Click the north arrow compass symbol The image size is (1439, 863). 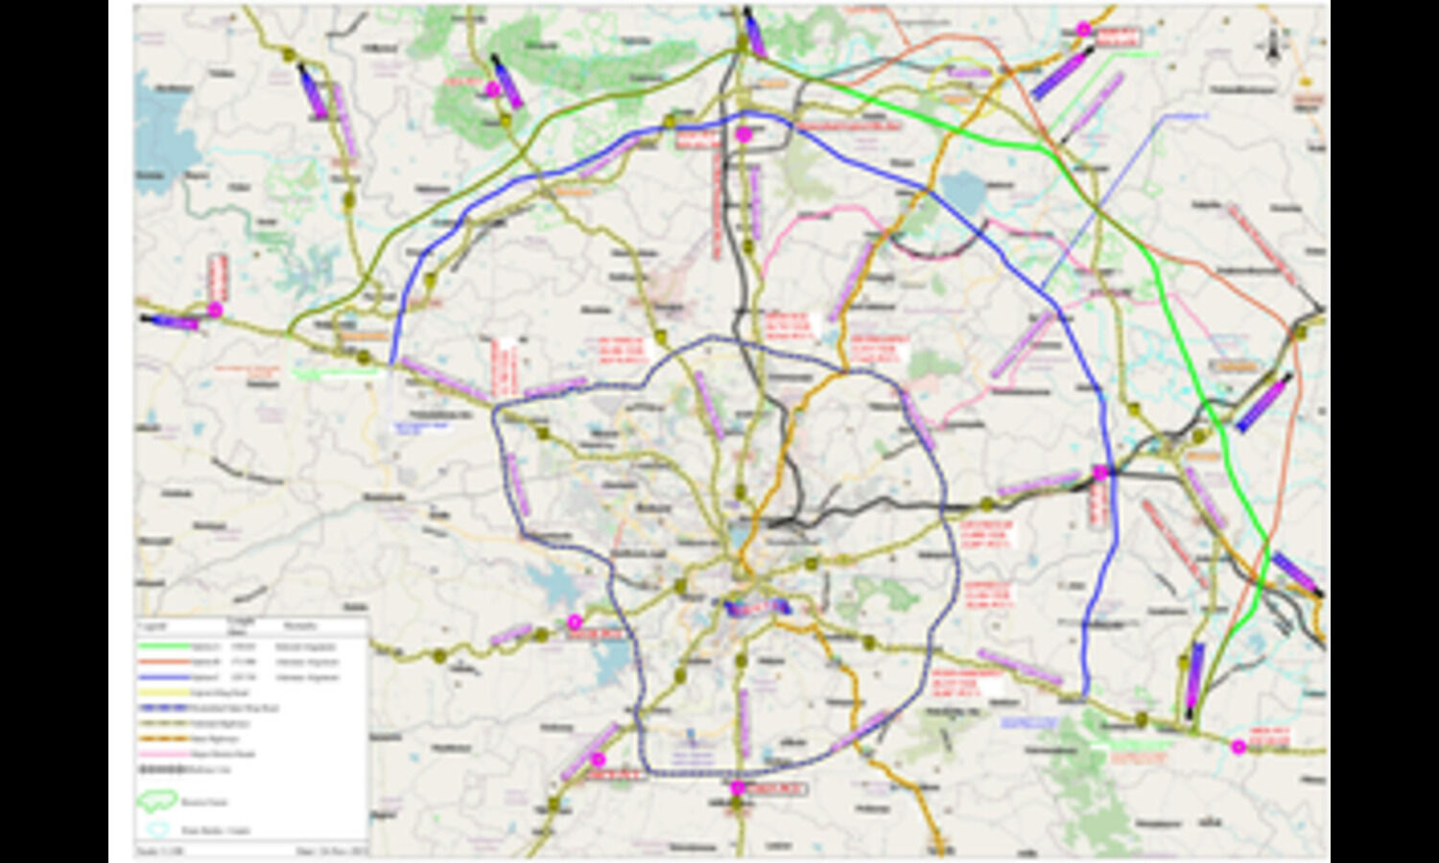pyautogui.click(x=1273, y=44)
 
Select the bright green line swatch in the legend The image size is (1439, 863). pyautogui.click(x=162, y=647)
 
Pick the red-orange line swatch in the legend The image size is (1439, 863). pyautogui.click(x=162, y=663)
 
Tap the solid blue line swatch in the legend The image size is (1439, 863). pyautogui.click(x=162, y=678)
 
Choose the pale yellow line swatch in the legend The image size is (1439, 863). pyautogui.click(x=162, y=692)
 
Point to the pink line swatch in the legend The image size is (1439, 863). pyautogui.click(x=162, y=754)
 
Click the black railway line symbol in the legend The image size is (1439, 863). pyautogui.click(x=162, y=769)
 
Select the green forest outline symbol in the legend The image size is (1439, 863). pyautogui.click(x=158, y=800)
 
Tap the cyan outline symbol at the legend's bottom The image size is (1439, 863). pyautogui.click(x=158, y=829)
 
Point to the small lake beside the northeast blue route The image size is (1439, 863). pyautogui.click(x=963, y=195)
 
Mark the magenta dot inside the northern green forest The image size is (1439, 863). pyautogui.click(x=492, y=89)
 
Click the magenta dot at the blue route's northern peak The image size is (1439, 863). pyautogui.click(x=743, y=135)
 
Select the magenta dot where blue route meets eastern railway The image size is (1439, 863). pyautogui.click(x=1100, y=473)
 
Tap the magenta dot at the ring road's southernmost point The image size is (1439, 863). pyautogui.click(x=737, y=788)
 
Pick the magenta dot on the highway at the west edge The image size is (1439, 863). pyautogui.click(x=215, y=310)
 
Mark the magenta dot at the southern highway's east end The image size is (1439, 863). pyautogui.click(x=1238, y=746)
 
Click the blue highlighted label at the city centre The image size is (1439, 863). pyautogui.click(x=756, y=607)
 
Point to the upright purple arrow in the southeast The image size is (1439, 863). pyautogui.click(x=1194, y=677)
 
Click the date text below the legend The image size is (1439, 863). pyautogui.click(x=320, y=851)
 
